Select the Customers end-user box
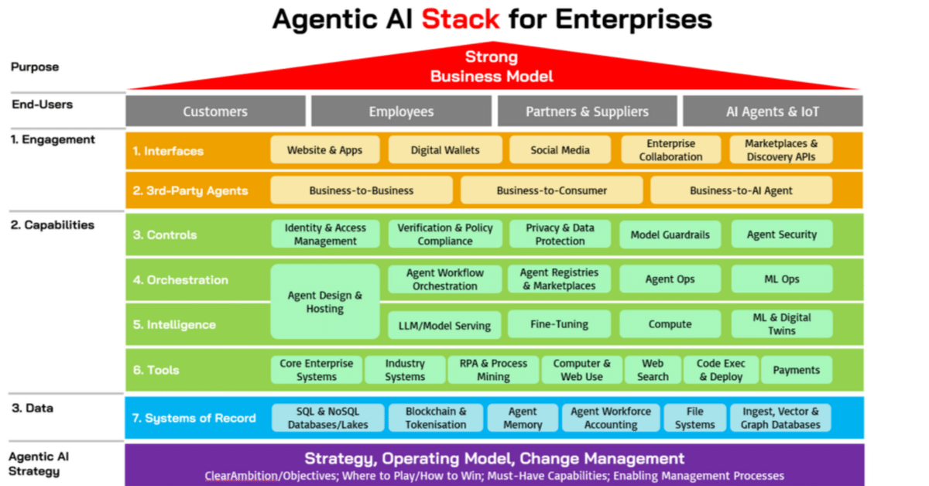click(x=215, y=111)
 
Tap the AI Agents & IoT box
click(x=772, y=111)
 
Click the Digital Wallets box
click(x=445, y=150)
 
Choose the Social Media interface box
click(x=560, y=150)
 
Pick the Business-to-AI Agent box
click(x=741, y=190)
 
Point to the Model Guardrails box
click(x=670, y=234)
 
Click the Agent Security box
click(x=781, y=234)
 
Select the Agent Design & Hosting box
click(x=324, y=302)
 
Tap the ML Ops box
click(x=781, y=279)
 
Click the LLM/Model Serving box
click(x=444, y=325)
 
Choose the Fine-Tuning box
click(x=559, y=324)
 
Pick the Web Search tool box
click(x=653, y=370)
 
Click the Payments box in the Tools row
click(x=796, y=370)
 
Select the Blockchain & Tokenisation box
click(x=436, y=418)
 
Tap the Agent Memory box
click(x=523, y=418)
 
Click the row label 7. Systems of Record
click(x=194, y=418)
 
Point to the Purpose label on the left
click(x=35, y=67)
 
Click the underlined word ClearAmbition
click(x=241, y=476)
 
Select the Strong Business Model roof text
click(x=492, y=67)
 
